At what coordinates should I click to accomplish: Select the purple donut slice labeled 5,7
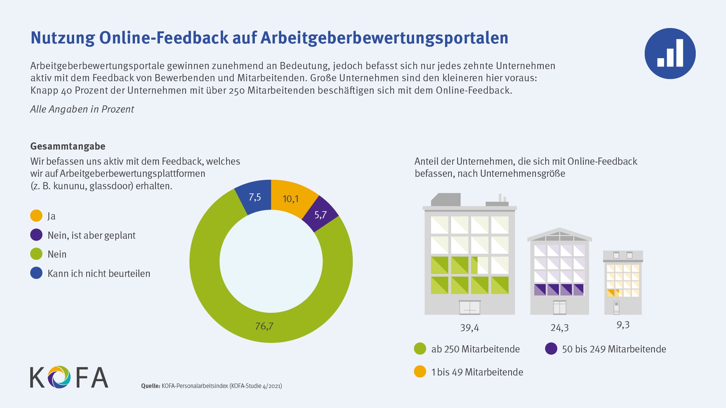tap(321, 215)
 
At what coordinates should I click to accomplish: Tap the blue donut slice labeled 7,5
tap(255, 197)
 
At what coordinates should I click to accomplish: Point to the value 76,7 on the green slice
tap(264, 326)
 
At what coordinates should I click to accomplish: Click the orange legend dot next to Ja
tap(36, 216)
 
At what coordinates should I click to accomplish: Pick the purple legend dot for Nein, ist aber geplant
tap(36, 235)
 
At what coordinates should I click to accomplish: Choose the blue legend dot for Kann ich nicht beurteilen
tap(36, 273)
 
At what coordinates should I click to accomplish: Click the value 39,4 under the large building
tap(469, 328)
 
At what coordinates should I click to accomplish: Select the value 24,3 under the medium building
tap(560, 328)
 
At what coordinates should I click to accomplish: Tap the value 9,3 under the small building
tap(623, 325)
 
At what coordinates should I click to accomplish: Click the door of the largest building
tap(470, 308)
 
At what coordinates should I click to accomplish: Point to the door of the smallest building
tap(616, 308)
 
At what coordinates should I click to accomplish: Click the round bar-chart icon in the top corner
tap(670, 53)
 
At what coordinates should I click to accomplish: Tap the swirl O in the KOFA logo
tap(59, 377)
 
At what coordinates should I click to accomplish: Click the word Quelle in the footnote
tap(150, 386)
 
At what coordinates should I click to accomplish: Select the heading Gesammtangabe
tap(68, 146)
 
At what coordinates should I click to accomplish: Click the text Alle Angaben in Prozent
tap(82, 109)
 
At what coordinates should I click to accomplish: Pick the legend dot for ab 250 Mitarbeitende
tap(420, 349)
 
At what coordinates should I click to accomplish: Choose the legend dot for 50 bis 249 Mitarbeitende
tap(551, 349)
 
